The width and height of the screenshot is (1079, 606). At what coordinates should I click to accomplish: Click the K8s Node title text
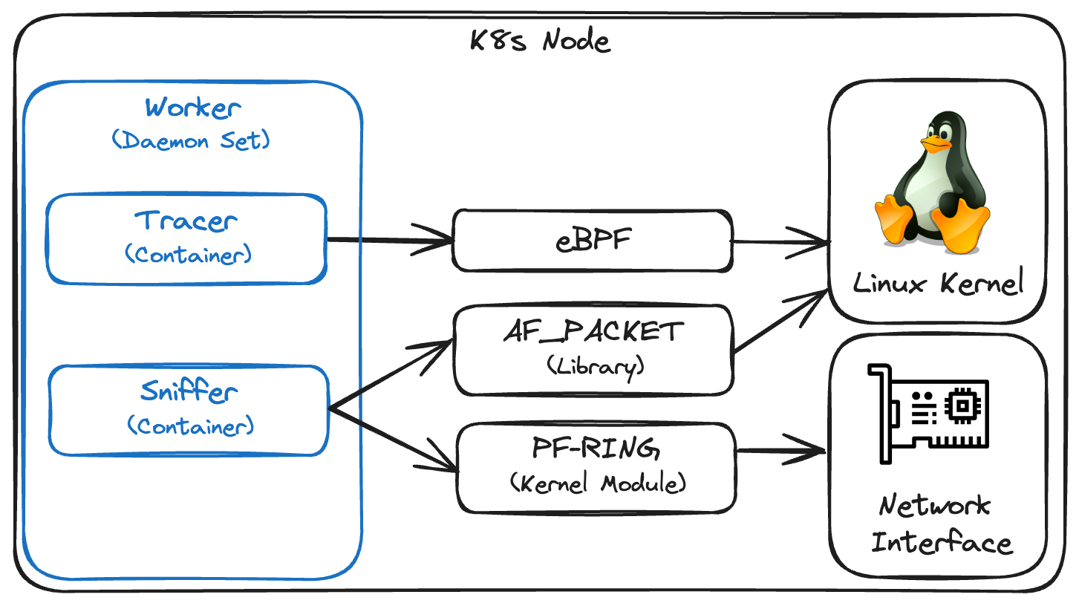click(x=540, y=40)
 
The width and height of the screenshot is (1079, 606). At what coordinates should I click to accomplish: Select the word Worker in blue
click(x=193, y=108)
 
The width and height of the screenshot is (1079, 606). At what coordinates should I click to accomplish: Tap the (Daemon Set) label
click(x=192, y=140)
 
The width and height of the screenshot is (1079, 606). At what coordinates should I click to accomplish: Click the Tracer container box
click(x=186, y=238)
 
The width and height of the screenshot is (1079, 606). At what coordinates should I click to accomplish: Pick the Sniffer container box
click(x=189, y=409)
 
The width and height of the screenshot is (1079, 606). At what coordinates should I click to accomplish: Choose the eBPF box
click(x=593, y=241)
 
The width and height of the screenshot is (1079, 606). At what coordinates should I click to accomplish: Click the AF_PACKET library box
click(x=593, y=349)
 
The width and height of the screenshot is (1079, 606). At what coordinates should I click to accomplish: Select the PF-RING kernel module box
click(x=596, y=467)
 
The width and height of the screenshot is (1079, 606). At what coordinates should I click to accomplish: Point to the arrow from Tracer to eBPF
click(x=390, y=239)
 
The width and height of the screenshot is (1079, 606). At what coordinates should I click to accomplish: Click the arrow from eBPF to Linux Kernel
click(x=780, y=241)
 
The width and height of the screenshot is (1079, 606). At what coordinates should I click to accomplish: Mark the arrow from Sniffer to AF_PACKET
click(x=391, y=376)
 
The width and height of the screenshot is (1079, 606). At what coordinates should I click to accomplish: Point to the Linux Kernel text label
click(x=938, y=283)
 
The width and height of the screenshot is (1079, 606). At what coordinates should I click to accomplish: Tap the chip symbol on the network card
click(x=963, y=405)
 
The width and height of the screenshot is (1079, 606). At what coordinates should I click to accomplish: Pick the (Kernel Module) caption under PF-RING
click(x=598, y=484)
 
